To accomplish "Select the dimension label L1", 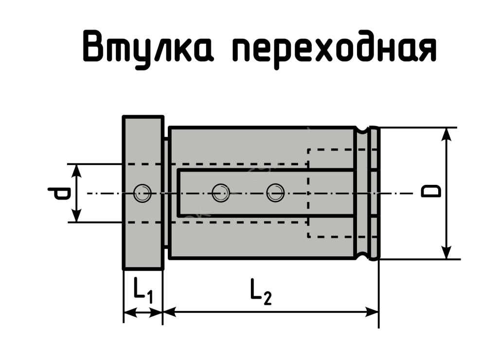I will point(143,291).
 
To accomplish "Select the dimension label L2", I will point(261,291).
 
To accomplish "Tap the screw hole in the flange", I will point(142,193).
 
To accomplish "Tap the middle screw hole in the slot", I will point(221,193).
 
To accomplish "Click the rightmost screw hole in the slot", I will point(275,193).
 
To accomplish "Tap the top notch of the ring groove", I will point(361,130).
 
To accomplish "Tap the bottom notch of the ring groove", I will point(361,256).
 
